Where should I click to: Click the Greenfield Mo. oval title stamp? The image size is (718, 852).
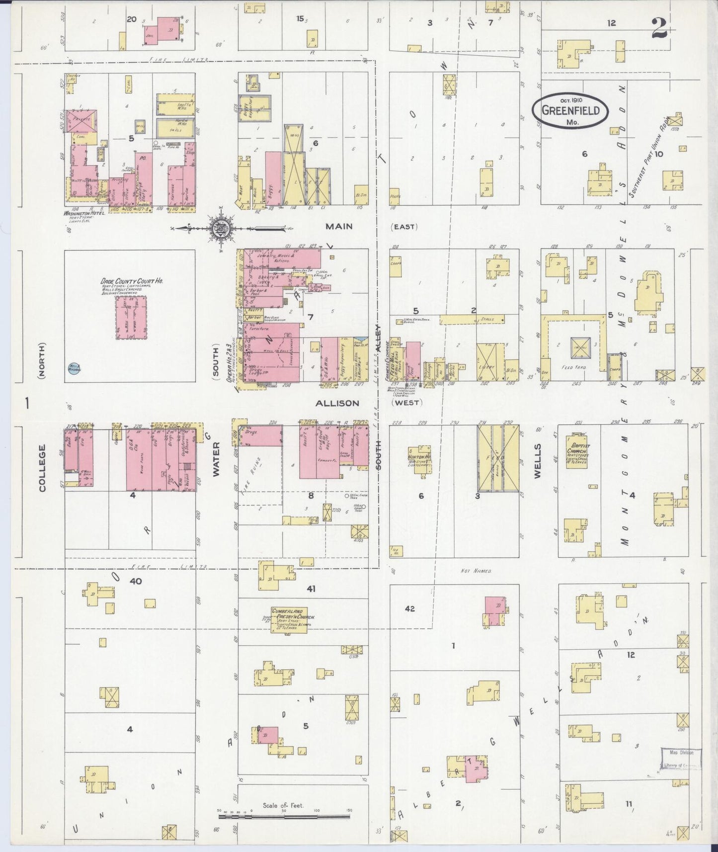pyautogui.click(x=570, y=110)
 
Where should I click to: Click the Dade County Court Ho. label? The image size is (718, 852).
pyautogui.click(x=132, y=281)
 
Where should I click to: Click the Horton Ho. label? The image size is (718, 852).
pyautogui.click(x=418, y=456)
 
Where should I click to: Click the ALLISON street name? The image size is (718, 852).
pyautogui.click(x=337, y=403)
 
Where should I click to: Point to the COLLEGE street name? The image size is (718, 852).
pyautogui.click(x=42, y=468)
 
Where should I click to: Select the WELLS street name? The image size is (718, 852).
pyautogui.click(x=537, y=468)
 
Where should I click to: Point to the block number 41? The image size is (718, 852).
pyautogui.click(x=311, y=589)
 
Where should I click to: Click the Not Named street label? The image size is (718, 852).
pyautogui.click(x=476, y=571)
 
